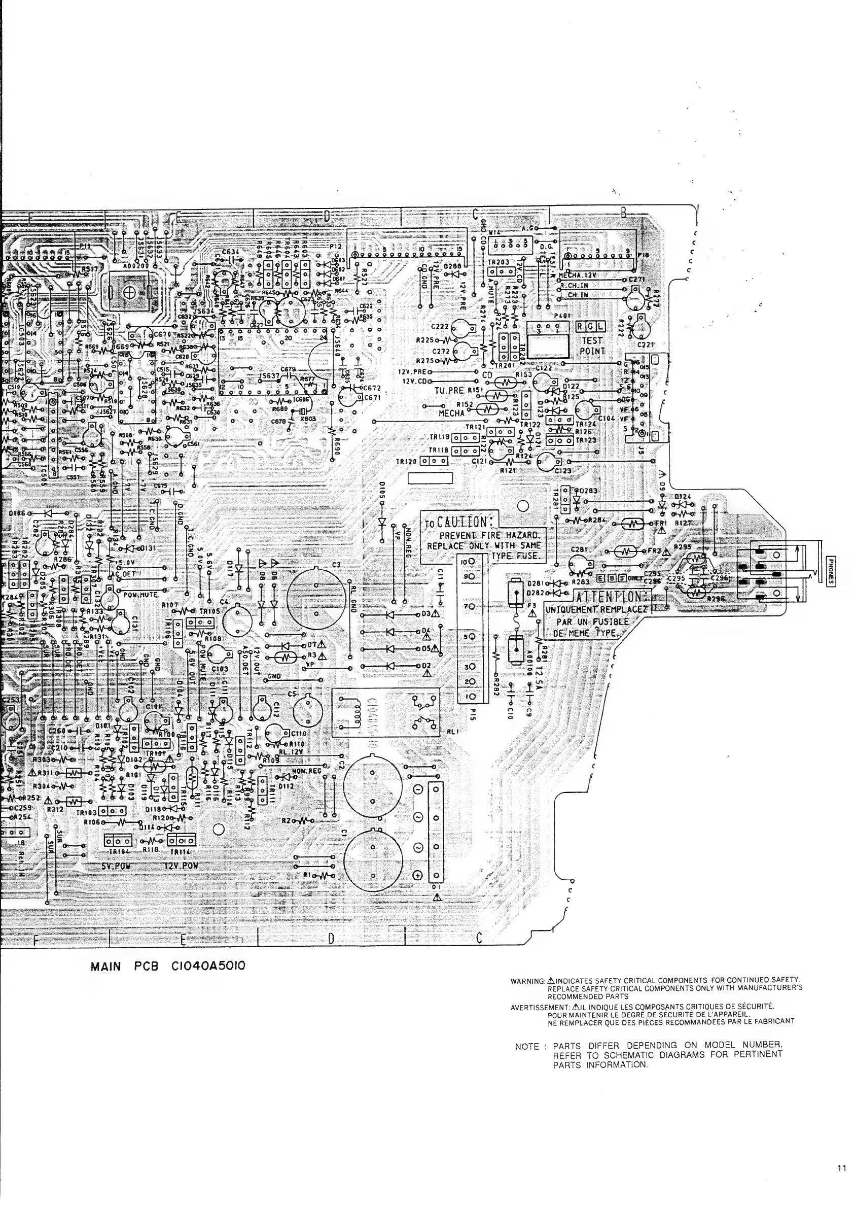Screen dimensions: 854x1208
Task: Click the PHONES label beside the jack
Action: [831, 571]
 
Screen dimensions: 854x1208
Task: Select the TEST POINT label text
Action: [593, 346]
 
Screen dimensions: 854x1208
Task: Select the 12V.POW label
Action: [176, 866]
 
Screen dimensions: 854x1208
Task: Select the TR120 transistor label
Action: [407, 462]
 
